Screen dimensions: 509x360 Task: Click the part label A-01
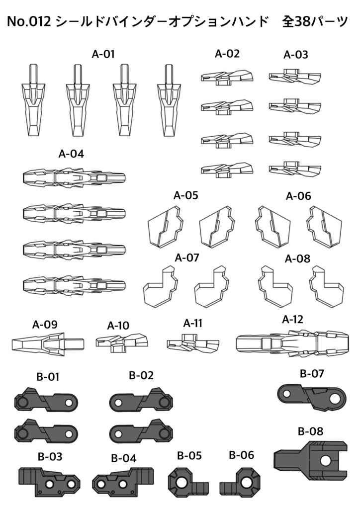point(103,55)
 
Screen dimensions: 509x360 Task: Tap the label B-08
point(310,431)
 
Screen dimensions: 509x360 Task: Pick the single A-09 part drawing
point(47,343)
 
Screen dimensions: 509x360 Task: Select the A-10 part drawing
point(122,342)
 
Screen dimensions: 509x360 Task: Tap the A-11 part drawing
point(193,343)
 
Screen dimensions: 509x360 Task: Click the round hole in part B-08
point(325,460)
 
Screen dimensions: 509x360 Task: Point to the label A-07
point(187,258)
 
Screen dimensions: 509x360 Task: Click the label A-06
point(298,196)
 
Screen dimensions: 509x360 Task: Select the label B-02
point(141,375)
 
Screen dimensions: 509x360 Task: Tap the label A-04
point(71,154)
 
